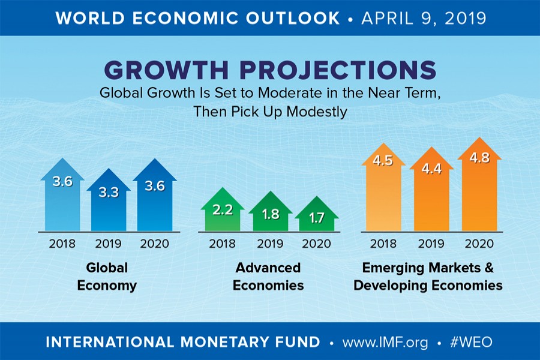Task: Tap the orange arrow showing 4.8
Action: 479,186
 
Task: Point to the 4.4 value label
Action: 431,170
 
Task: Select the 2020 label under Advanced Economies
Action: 317,244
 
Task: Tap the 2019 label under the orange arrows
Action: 431,244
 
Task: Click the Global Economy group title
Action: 107,276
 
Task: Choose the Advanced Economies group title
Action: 268,276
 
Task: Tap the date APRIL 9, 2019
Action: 424,18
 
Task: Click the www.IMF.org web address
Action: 385,342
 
